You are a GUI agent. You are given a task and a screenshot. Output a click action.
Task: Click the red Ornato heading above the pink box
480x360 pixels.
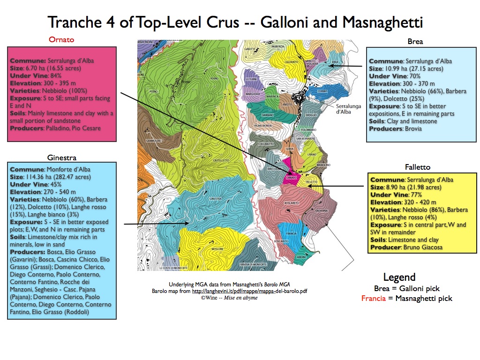(x=61, y=40)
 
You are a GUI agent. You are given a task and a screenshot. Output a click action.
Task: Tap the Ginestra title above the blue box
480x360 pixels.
(x=61, y=157)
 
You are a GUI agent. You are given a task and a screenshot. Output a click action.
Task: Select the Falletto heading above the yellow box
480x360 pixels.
(x=417, y=167)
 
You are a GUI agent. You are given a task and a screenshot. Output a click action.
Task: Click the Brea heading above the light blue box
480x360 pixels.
(x=415, y=42)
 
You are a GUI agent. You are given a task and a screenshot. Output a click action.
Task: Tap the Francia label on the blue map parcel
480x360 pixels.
(x=291, y=233)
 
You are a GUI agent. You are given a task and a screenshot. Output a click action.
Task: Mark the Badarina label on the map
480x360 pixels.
(x=321, y=211)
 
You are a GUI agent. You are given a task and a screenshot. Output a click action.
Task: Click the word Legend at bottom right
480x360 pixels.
(x=399, y=277)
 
